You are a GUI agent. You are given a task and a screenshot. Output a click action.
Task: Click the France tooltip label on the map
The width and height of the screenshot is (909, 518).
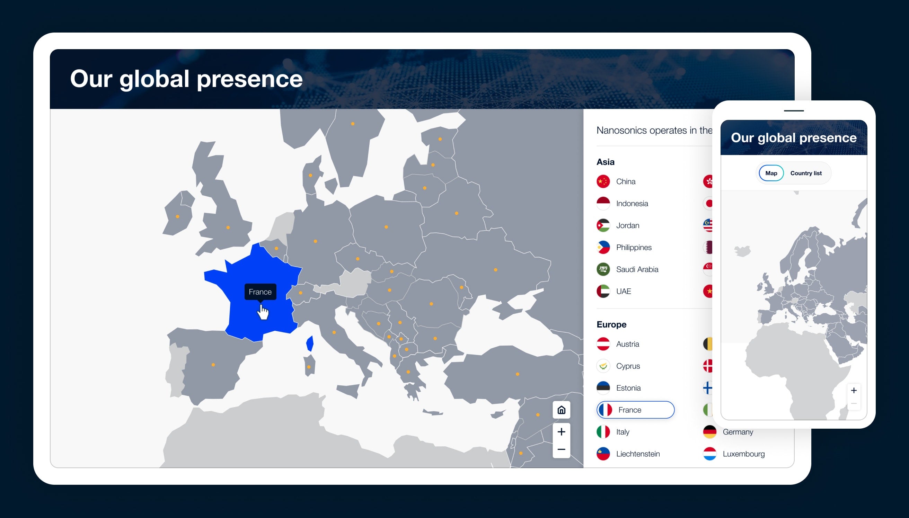click(x=260, y=292)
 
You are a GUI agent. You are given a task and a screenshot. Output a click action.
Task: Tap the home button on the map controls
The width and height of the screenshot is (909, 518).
click(x=561, y=410)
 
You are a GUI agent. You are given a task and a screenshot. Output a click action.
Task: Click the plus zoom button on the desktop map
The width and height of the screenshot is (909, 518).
click(x=561, y=431)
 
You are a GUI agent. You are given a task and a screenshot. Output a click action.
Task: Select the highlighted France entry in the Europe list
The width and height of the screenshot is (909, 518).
click(x=635, y=410)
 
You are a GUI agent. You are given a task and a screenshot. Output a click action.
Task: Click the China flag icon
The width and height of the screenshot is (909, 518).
click(x=603, y=181)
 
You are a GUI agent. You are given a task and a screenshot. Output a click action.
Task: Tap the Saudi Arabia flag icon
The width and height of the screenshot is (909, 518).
click(x=603, y=269)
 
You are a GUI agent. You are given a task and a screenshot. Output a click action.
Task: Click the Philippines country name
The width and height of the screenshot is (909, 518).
click(x=634, y=247)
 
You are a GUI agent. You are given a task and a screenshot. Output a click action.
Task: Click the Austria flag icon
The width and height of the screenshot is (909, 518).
click(x=603, y=344)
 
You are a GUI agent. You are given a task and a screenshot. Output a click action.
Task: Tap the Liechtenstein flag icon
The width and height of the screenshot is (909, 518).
click(x=603, y=454)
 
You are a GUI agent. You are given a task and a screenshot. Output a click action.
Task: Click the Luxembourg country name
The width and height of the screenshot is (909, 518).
click(x=743, y=454)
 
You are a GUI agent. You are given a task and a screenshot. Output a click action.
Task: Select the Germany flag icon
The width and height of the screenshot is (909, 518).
click(x=710, y=432)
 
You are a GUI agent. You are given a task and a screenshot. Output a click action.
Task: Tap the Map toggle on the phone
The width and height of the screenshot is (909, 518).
click(x=771, y=173)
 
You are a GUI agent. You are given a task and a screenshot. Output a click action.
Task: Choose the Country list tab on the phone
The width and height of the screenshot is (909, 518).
click(x=806, y=173)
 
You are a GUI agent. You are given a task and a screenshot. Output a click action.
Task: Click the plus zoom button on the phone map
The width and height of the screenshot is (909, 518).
click(x=854, y=390)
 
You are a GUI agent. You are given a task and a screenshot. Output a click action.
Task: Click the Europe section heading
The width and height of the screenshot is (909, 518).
click(x=611, y=324)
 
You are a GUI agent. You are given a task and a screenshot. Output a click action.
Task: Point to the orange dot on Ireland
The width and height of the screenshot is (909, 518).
click(x=177, y=216)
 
